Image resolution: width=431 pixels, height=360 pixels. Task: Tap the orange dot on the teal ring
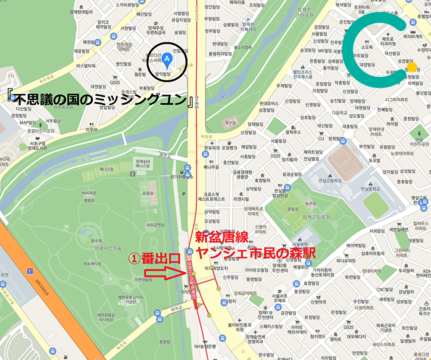[412, 67]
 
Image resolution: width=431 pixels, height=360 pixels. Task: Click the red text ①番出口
[154, 258]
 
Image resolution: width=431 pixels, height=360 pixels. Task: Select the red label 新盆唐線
[222, 238]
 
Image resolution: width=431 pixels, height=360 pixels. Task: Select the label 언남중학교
[370, 188]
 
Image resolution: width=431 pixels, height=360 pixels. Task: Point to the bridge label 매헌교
[165, 154]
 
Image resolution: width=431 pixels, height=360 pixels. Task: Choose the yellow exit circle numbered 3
[218, 289]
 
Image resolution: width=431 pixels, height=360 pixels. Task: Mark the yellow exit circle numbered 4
[209, 315]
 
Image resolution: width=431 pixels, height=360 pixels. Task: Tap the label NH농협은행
[204, 346]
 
